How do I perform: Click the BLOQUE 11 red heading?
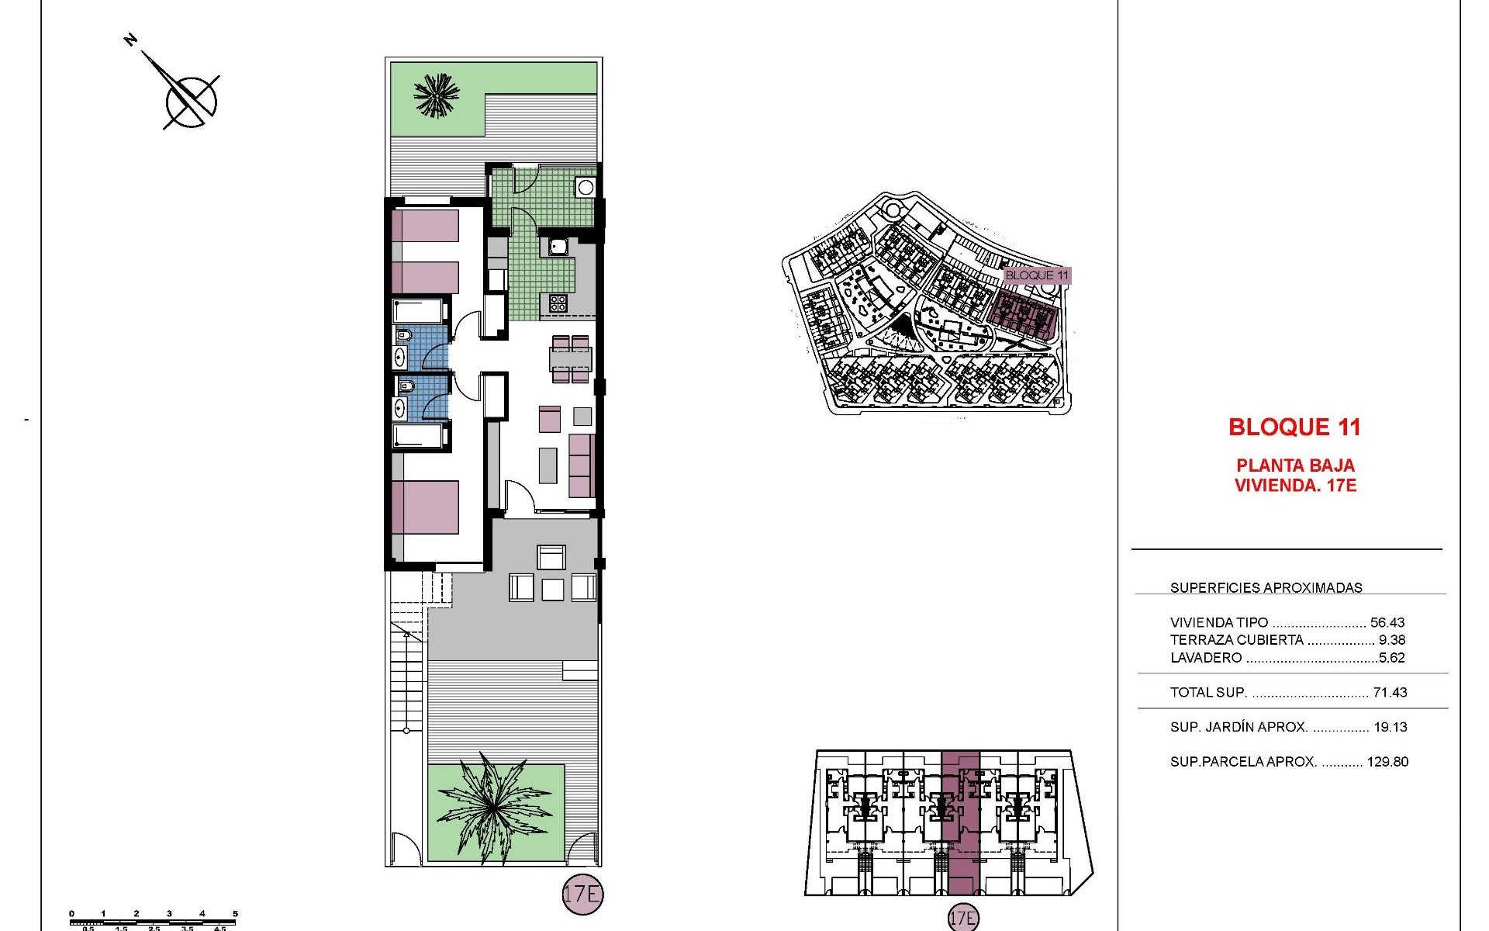pos(1294,427)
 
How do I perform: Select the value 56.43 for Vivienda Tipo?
pos(1387,622)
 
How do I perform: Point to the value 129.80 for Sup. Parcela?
pos(1387,762)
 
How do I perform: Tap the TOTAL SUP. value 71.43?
pos(1389,692)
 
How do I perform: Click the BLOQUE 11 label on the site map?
pos(1036,275)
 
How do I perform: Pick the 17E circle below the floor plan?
pos(582,894)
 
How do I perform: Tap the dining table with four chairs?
pos(570,359)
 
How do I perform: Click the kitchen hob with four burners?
pos(558,303)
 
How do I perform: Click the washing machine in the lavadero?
pos(585,187)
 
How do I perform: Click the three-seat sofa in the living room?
pos(582,465)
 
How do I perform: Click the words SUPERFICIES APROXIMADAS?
pos(1266,588)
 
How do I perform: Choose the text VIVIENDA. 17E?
pos(1294,486)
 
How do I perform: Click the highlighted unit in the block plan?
pos(960,822)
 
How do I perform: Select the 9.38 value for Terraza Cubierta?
pos(1391,640)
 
